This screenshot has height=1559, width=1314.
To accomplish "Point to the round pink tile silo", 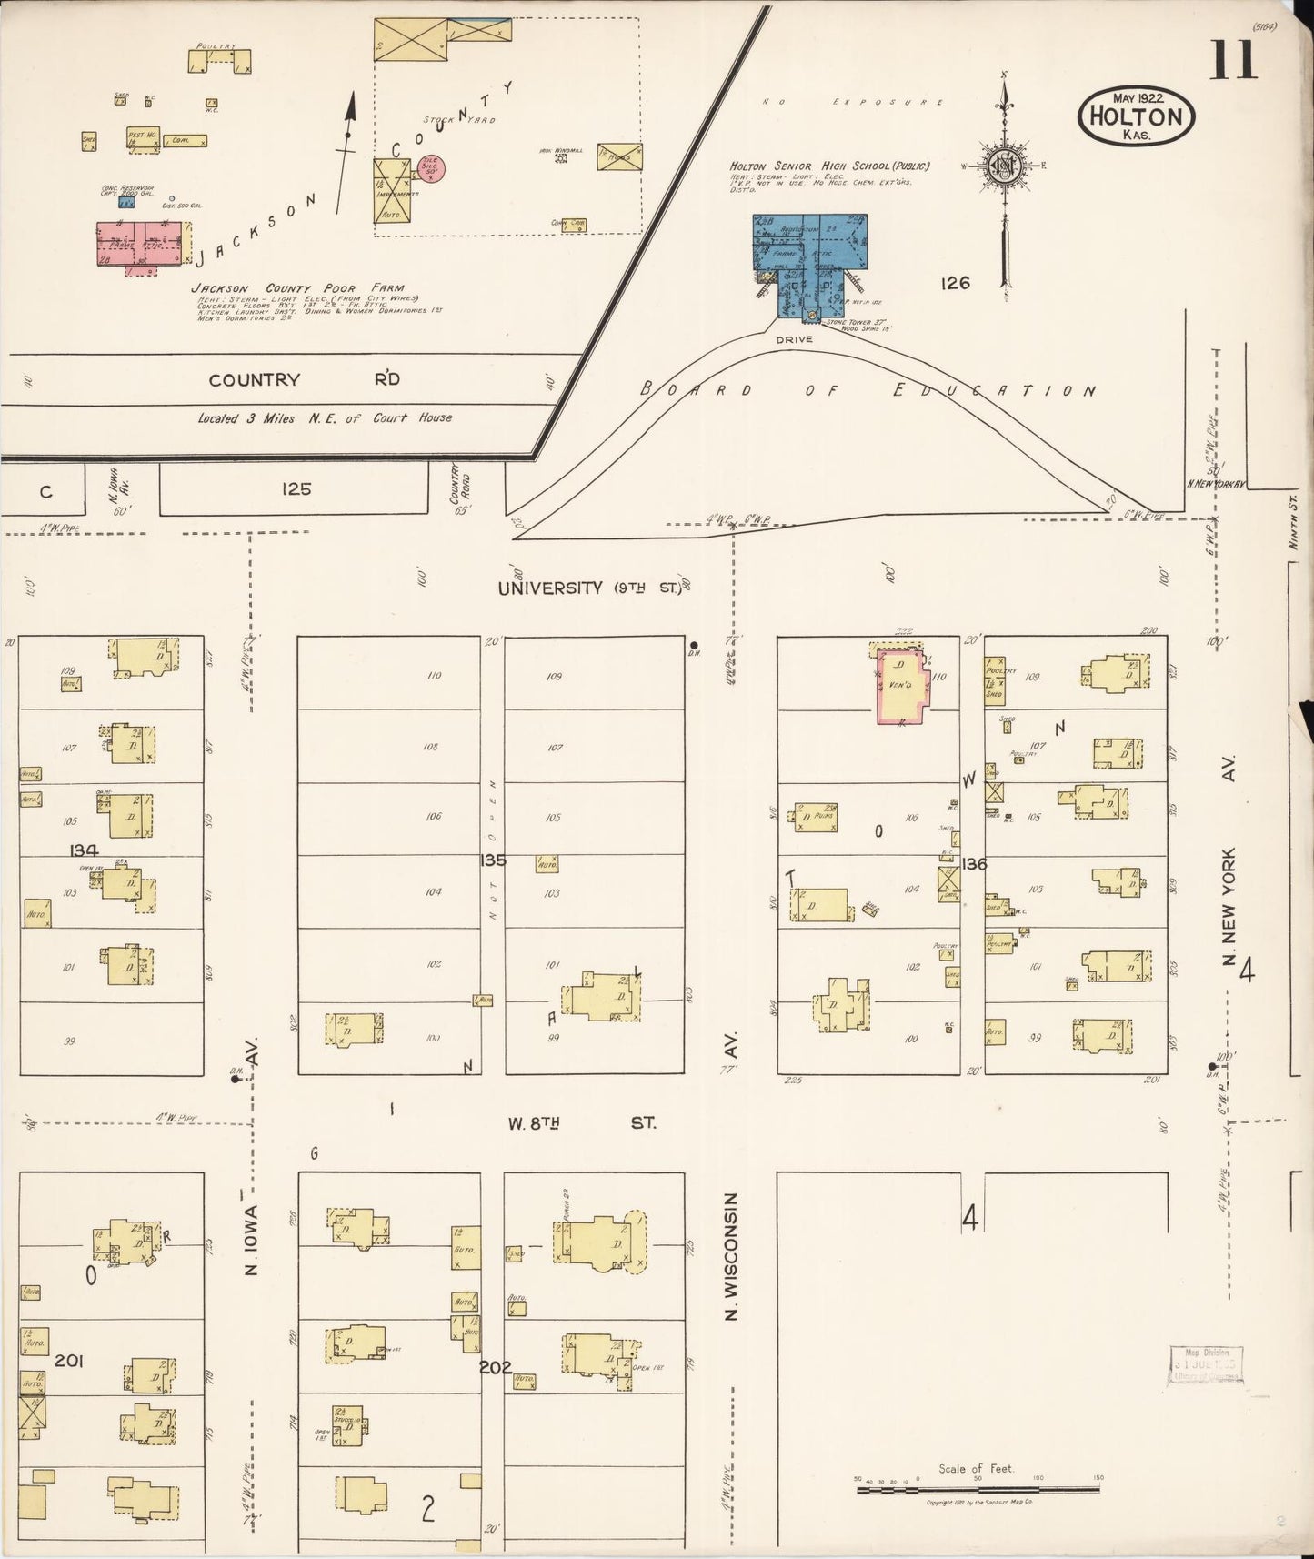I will (x=432, y=168).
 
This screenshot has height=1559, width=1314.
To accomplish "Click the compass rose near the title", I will (x=1005, y=166).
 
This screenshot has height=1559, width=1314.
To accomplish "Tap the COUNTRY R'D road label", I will (x=304, y=380).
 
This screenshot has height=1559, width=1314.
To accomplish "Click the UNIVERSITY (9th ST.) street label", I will (x=590, y=588).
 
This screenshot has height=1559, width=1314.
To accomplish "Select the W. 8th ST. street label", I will (x=582, y=1123).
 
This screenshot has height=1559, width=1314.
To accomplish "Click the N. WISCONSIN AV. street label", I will (x=731, y=1255).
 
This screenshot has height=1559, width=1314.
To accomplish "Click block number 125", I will (x=296, y=489).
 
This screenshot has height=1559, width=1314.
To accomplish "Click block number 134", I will (x=84, y=850).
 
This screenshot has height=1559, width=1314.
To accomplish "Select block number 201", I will (x=69, y=1361).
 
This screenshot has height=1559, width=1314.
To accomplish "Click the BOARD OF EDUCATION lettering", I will (x=868, y=390).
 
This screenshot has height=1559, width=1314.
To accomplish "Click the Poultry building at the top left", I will (x=219, y=61).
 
